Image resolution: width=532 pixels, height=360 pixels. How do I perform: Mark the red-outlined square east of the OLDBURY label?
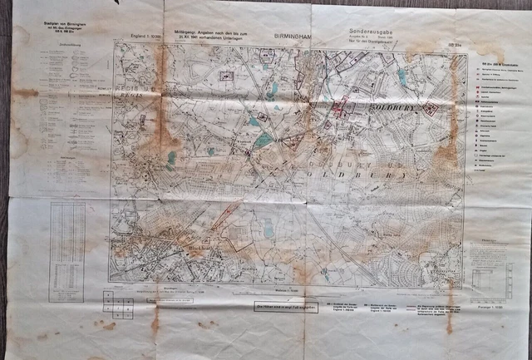click(x=431, y=110)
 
